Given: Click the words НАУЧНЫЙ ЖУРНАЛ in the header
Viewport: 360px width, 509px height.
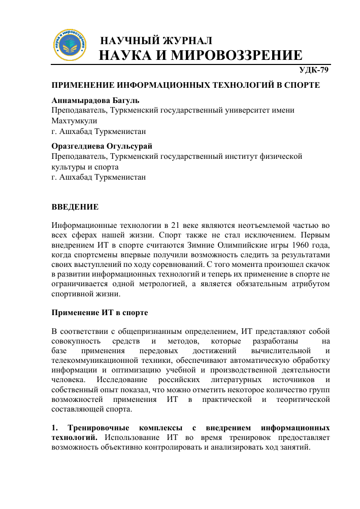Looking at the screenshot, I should pos(156,41).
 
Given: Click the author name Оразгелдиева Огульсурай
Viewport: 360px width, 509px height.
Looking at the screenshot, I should pos(102,146).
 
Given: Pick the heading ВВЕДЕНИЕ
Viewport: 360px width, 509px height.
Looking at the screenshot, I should pos(75,207).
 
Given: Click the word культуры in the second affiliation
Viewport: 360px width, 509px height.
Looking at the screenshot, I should pos(68,167).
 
